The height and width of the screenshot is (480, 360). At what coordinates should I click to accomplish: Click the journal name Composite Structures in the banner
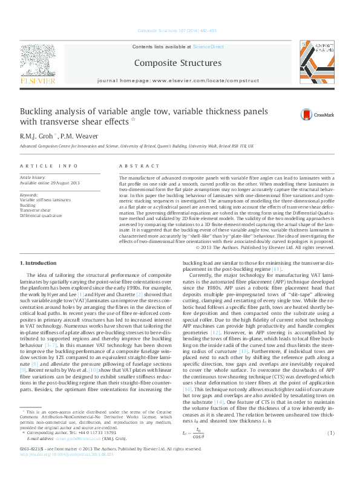[x=177, y=63]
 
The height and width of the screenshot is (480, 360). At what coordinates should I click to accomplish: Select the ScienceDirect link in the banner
[x=208, y=47]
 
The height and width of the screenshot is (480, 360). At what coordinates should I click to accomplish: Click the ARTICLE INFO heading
[x=48, y=165]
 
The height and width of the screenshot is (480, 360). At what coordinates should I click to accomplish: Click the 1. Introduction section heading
[x=39, y=263]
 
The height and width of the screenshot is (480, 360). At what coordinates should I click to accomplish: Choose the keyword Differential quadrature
[x=41, y=215]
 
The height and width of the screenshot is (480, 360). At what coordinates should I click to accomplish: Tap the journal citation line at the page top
[x=177, y=30]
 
